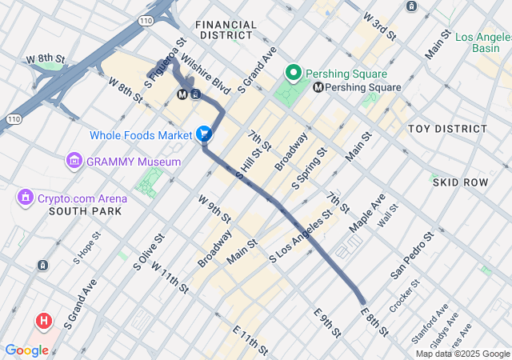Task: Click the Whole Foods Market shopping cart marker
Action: click(204, 134)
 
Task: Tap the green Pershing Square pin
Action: click(294, 74)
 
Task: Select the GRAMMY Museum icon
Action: click(75, 162)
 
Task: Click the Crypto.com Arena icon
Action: click(26, 197)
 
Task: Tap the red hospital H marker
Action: click(43, 322)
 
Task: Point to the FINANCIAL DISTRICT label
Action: click(226, 30)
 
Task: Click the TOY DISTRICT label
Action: click(447, 129)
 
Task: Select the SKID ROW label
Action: click(459, 182)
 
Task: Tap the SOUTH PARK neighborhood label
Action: click(85, 211)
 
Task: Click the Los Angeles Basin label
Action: click(483, 42)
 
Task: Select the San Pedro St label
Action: click(412, 256)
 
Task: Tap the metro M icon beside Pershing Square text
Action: click(318, 87)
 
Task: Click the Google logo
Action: click(26, 350)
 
